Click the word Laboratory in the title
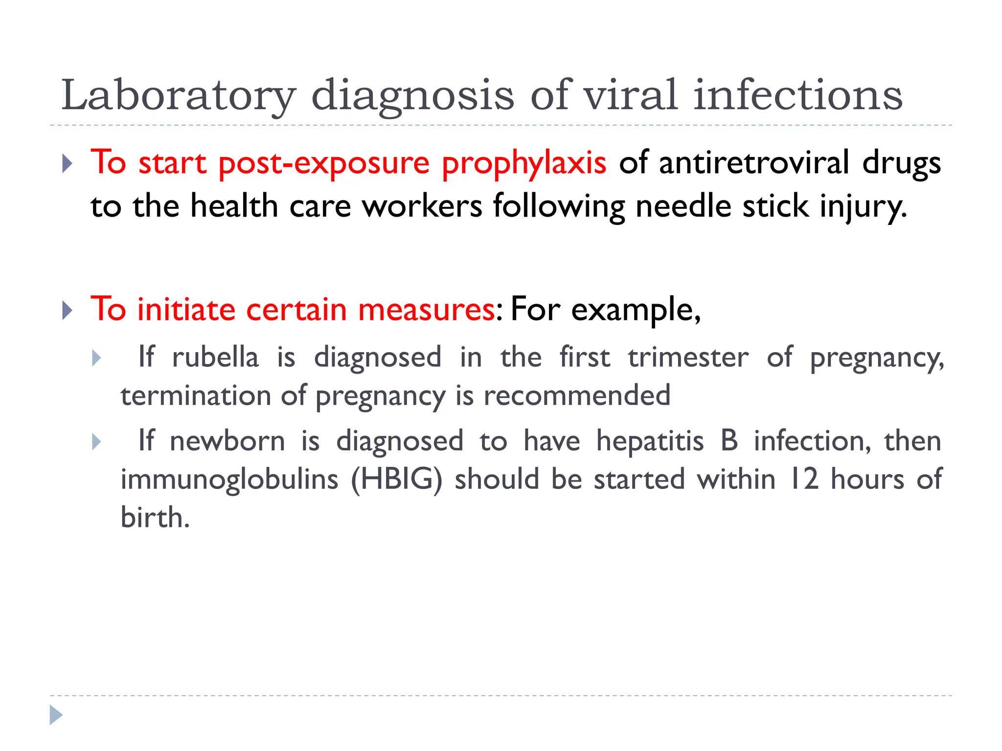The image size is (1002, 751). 179,96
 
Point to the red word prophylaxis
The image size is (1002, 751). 524,164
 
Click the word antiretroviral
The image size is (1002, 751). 754,163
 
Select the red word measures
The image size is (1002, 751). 426,310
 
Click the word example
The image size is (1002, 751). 636,311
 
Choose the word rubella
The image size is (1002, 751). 215,357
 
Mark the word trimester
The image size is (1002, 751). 688,357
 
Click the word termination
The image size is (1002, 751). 196,396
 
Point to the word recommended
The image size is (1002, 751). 577,396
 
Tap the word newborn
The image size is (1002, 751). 228,441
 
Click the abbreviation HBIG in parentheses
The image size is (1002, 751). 397,479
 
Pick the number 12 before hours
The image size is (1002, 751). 803,479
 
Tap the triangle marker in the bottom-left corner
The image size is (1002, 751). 56,715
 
